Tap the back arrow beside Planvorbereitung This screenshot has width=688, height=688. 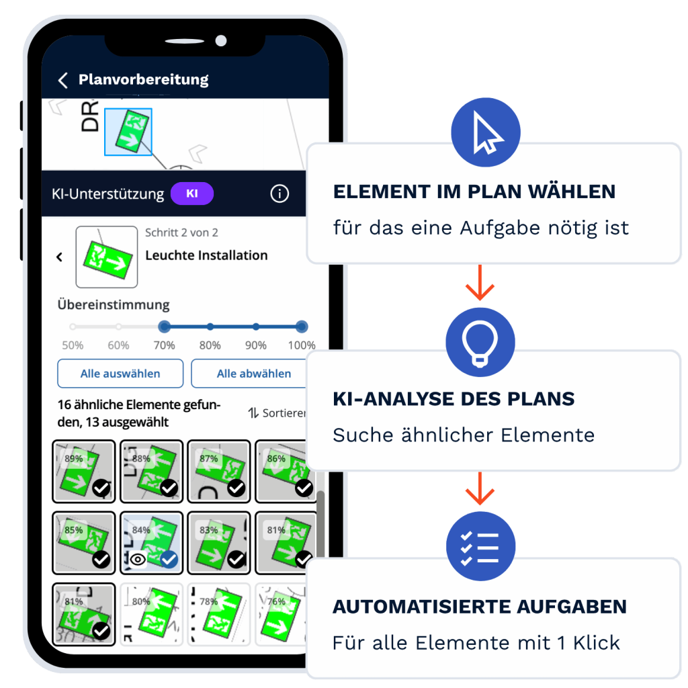63,81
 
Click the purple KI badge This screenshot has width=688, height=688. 191,193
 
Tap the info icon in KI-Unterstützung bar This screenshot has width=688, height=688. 279,194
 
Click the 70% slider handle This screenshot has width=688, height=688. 164,327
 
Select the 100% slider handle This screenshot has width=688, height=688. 302,327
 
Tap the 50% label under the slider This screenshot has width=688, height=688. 73,345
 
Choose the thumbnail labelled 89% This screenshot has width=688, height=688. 84,472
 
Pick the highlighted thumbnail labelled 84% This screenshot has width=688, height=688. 151,543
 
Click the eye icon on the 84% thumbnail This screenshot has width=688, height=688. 138,559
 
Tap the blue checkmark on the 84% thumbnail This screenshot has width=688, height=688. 169,559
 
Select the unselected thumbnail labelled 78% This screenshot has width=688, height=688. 218,614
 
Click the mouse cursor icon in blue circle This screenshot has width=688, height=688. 486,133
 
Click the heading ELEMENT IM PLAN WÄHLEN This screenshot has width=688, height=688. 474,191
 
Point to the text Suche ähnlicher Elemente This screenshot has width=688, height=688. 464,435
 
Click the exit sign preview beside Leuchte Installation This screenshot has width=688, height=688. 107,257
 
